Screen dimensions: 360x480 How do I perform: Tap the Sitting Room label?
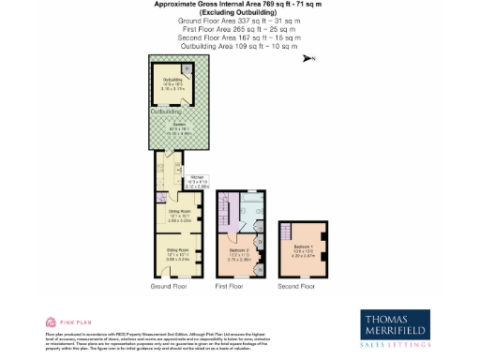[178, 252]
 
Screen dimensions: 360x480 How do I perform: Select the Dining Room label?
[178, 214]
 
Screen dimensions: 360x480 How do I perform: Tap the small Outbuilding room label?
[172, 82]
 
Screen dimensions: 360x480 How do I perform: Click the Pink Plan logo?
[64, 321]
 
